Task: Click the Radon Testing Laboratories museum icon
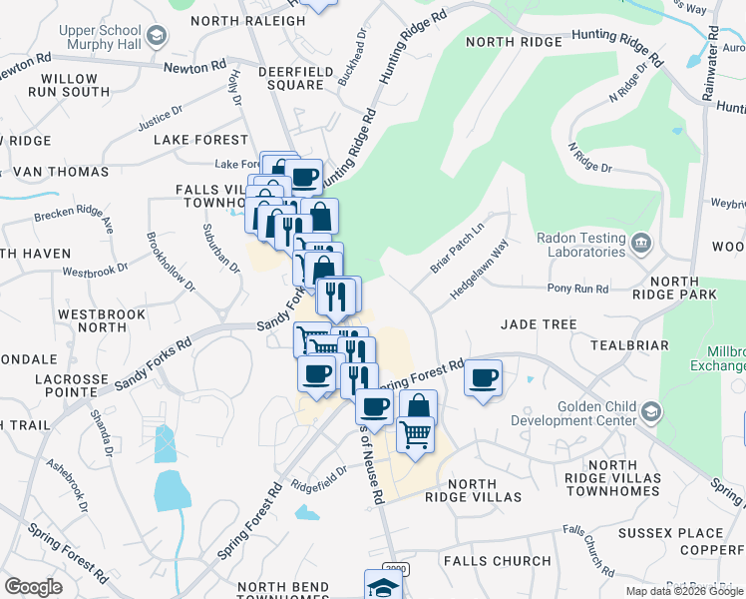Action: [641, 241]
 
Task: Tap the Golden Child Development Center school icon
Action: [650, 410]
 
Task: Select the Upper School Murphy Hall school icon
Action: [156, 37]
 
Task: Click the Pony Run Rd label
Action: [578, 289]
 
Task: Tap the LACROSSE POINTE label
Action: [71, 386]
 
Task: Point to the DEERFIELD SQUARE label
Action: [290, 78]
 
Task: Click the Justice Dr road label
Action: [163, 119]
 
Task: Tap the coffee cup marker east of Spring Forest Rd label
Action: [484, 377]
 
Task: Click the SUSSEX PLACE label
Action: [669, 533]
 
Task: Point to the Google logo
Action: [34, 587]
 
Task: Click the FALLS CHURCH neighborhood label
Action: [497, 561]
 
